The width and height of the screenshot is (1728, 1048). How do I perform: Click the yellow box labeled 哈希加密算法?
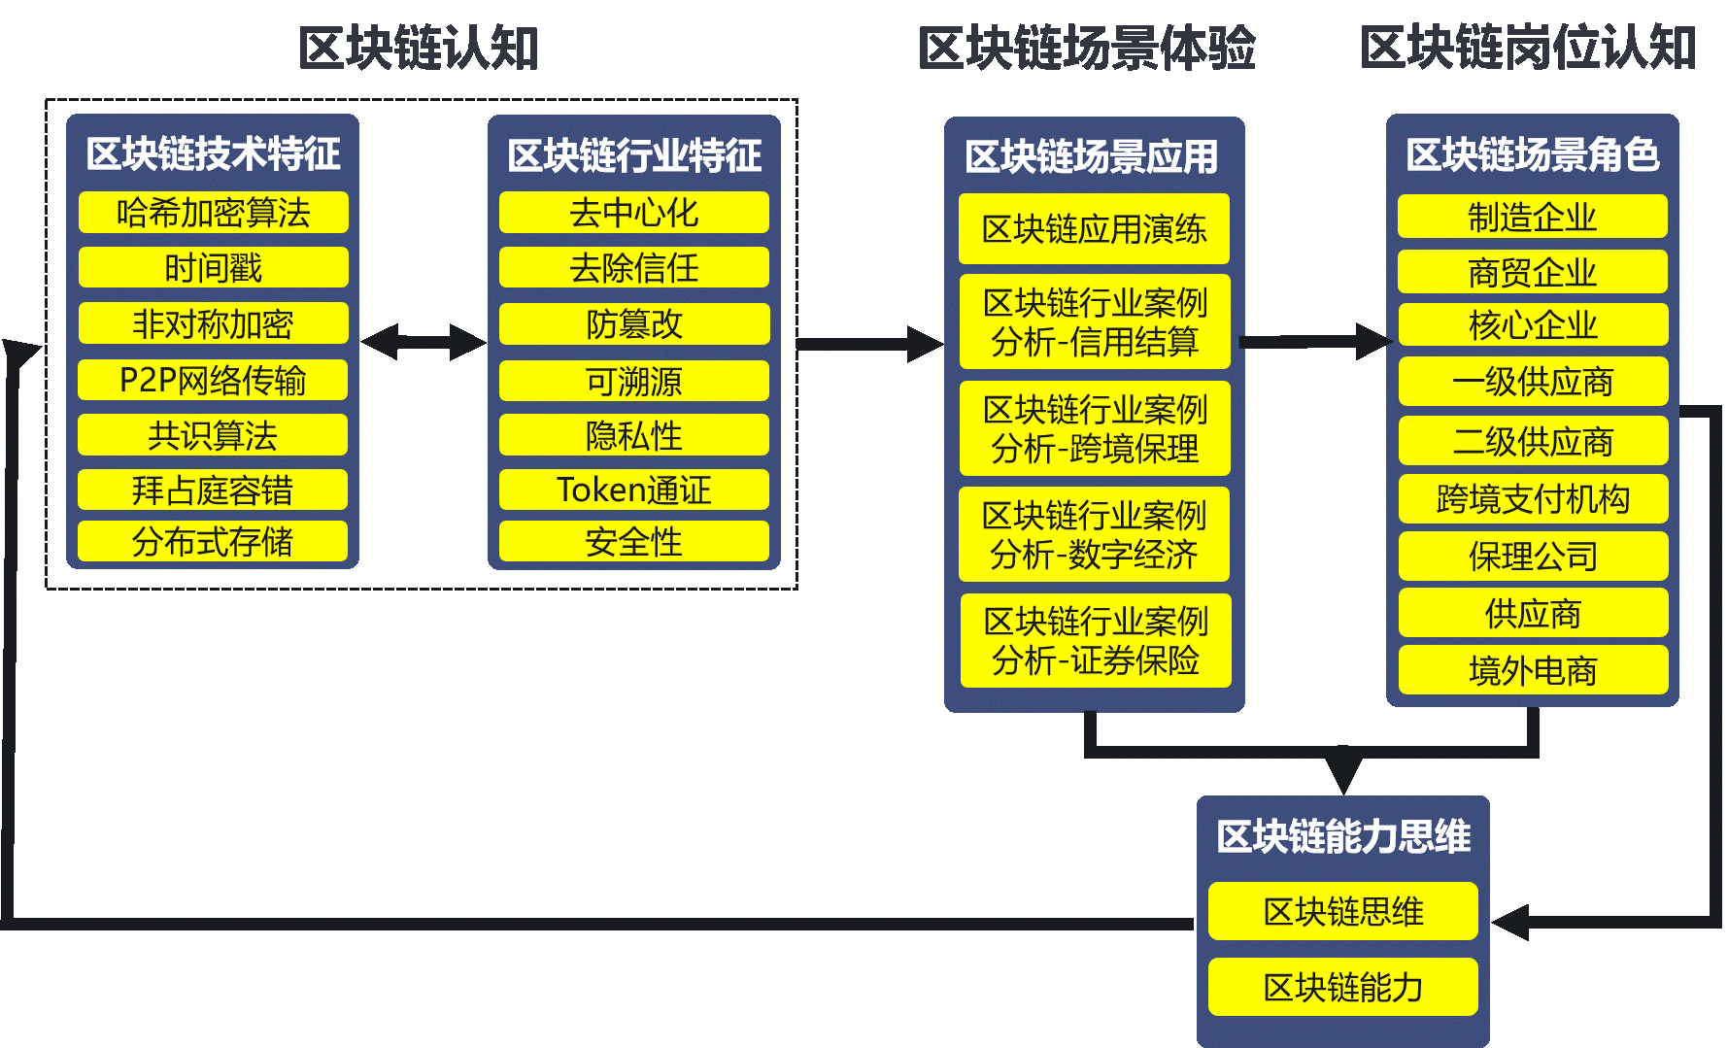click(x=213, y=212)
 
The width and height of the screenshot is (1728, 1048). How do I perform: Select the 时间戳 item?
click(x=213, y=267)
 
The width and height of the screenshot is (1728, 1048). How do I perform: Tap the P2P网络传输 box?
click(x=213, y=380)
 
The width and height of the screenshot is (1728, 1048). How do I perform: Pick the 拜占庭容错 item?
click(x=213, y=490)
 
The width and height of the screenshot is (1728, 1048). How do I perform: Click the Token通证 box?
click(x=633, y=490)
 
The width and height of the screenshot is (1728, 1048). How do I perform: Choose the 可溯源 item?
click(x=633, y=381)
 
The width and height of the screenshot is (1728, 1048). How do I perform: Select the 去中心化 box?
click(x=633, y=212)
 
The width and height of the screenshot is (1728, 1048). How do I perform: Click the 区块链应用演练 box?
click(x=1094, y=229)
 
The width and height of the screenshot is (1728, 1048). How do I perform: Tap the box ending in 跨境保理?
click(x=1094, y=428)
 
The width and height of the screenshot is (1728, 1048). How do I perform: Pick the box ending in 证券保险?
click(x=1095, y=641)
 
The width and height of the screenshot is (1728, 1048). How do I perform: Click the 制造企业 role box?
click(x=1532, y=217)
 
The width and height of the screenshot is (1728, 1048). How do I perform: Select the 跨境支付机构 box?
click(x=1532, y=498)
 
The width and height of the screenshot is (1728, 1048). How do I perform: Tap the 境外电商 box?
click(x=1532, y=670)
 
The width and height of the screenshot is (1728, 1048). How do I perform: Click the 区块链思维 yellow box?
click(x=1342, y=911)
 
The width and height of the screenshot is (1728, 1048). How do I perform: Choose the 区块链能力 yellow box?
click(x=1342, y=987)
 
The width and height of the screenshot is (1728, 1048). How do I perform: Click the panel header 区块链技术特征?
click(x=213, y=153)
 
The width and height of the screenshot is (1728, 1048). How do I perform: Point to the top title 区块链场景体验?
click(x=1086, y=48)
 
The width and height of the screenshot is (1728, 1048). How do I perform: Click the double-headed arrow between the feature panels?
click(x=423, y=342)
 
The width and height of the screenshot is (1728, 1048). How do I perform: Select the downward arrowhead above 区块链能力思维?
click(x=1342, y=772)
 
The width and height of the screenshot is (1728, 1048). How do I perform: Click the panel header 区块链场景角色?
click(x=1532, y=154)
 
